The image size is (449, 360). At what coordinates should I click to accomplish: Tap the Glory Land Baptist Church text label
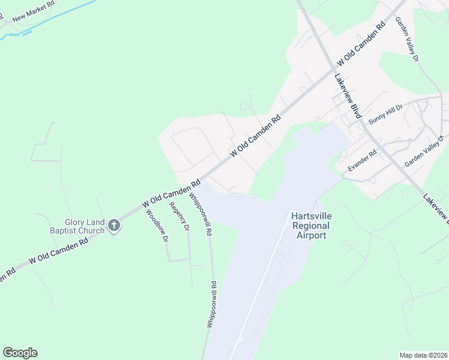coord(76,226)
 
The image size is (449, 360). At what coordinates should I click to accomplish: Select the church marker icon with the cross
coord(113,226)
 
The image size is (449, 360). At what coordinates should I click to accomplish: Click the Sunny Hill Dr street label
coord(385,113)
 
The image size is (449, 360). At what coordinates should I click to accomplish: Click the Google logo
coord(20,353)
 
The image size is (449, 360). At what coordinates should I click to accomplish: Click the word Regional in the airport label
coord(311,226)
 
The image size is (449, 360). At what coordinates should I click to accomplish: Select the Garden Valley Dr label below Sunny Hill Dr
coord(424,151)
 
